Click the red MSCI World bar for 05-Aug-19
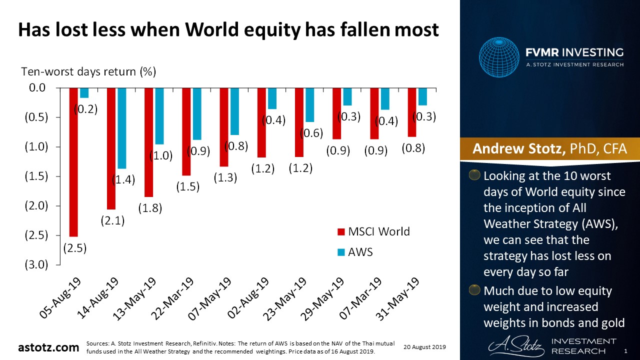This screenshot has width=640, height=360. click(x=73, y=162)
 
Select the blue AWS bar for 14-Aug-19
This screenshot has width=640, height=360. click(x=122, y=128)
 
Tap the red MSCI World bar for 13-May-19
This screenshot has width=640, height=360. click(x=148, y=142)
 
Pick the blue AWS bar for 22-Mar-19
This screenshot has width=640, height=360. click(x=197, y=114)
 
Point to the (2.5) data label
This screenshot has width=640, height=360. click(x=75, y=248)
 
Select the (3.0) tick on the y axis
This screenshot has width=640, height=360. click(x=36, y=264)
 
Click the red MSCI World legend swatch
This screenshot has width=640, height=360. click(x=341, y=231)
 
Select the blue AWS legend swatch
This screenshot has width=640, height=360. click(x=341, y=252)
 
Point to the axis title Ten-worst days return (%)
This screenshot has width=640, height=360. click(x=88, y=71)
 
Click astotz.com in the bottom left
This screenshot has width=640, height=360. click(x=48, y=347)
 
